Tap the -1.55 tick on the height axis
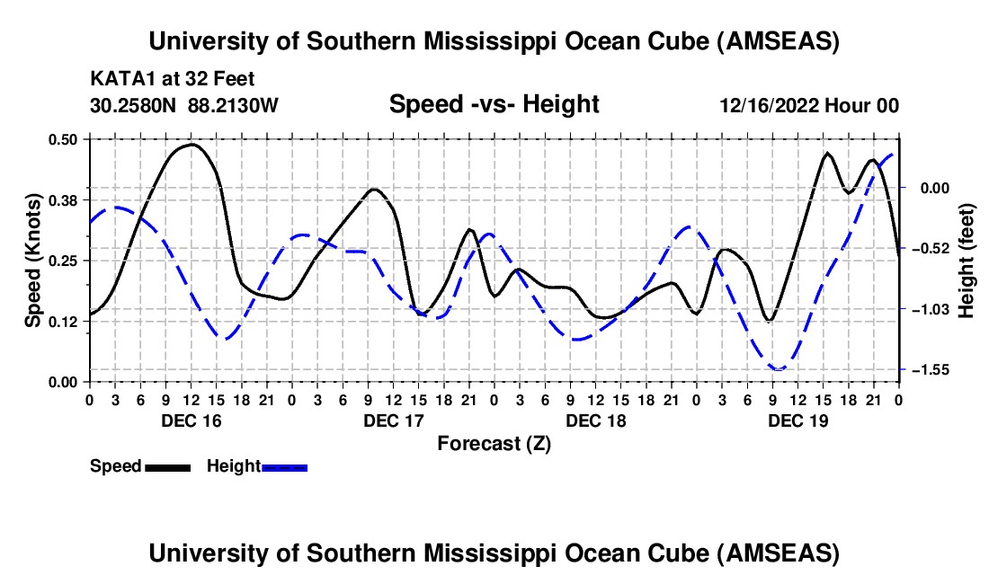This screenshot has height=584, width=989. tap(926, 370)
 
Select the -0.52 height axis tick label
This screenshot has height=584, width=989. tap(926, 248)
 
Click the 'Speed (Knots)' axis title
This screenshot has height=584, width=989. tap(32, 260)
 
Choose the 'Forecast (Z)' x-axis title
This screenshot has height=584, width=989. tap(494, 443)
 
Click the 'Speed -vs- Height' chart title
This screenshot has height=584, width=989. tap(494, 104)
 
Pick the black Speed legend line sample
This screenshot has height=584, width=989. tap(166, 466)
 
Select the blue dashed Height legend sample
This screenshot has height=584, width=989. tap(284, 466)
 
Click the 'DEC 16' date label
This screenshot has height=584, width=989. tap(190, 420)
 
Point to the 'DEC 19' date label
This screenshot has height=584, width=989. tap(797, 420)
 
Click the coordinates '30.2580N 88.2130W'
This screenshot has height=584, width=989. tap(184, 105)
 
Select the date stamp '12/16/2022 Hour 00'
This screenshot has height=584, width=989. tap(808, 105)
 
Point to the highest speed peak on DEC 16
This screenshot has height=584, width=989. tap(192, 144)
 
